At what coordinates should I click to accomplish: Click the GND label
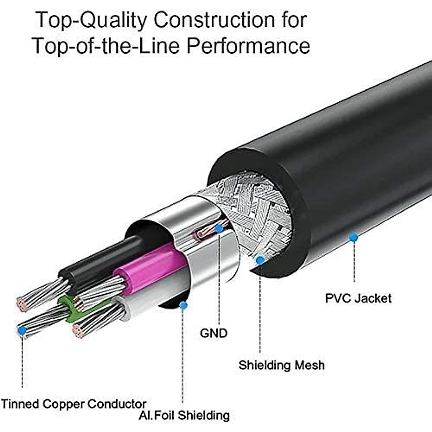[213, 333]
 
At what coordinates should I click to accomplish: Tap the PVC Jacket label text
[358, 298]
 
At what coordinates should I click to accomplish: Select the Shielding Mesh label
[282, 365]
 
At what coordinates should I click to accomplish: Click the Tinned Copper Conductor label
[73, 404]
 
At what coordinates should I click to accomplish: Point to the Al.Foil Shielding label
[184, 415]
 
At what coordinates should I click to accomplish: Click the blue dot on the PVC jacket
[354, 237]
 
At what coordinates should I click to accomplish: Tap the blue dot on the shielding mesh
[260, 260]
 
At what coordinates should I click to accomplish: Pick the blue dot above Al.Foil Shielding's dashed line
[183, 305]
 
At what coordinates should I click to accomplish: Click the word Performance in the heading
[248, 46]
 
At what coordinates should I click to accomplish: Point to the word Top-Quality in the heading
[91, 21]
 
